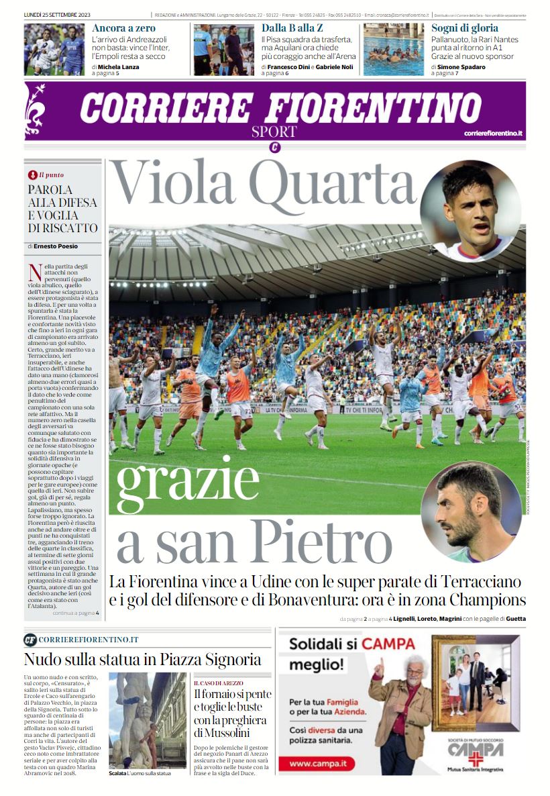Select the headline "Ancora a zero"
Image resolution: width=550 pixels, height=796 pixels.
pos(123,28)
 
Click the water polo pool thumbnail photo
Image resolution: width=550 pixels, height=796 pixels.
pos(394,50)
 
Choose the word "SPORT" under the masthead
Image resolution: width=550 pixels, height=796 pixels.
pos(274,132)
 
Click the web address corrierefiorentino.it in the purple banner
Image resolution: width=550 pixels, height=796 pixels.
pos(493,134)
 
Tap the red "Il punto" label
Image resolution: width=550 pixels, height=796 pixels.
pos(50,175)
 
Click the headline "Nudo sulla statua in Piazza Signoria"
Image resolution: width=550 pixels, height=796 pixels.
pos(142,658)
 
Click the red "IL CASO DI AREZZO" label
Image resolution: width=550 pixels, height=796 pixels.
pos(219,683)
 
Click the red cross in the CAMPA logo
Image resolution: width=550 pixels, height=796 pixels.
pos(476,760)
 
